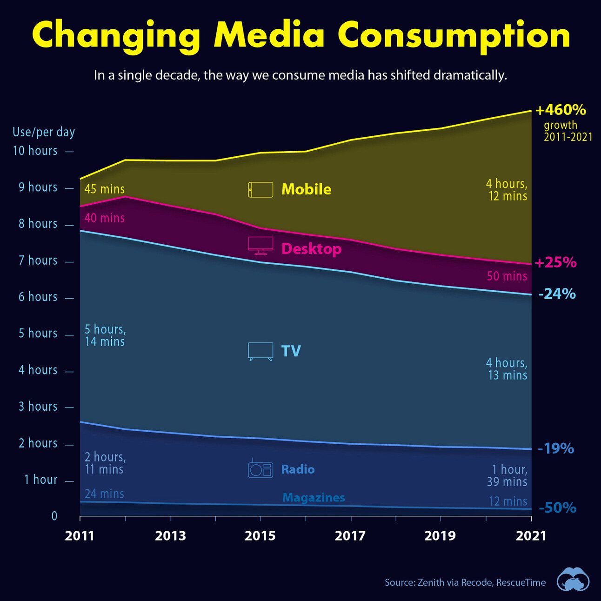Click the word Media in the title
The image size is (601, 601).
pyautogui.click(x=269, y=35)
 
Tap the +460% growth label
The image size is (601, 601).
pyautogui.click(x=561, y=110)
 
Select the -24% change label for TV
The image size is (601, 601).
pyautogui.click(x=557, y=294)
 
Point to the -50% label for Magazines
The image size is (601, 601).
pyautogui.click(x=557, y=508)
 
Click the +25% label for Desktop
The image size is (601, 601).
pyautogui.click(x=555, y=262)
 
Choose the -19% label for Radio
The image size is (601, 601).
pyautogui.click(x=555, y=448)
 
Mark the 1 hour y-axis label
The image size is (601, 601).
pyautogui.click(x=41, y=480)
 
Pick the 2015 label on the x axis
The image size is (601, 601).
pyautogui.click(x=260, y=536)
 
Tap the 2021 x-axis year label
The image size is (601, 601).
pyautogui.click(x=531, y=536)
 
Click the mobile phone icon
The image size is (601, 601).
pyautogui.click(x=260, y=190)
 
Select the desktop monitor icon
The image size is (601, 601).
pyautogui.click(x=260, y=245)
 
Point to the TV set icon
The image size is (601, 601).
pyautogui.click(x=260, y=351)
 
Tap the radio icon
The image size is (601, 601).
pyautogui.click(x=260, y=469)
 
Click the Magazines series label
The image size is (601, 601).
pyautogui.click(x=314, y=498)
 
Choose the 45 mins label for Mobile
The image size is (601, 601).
pyautogui.click(x=105, y=189)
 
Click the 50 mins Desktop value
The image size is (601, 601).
pyautogui.click(x=507, y=276)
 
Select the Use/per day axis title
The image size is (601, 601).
pyautogui.click(x=44, y=132)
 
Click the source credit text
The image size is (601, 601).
pyautogui.click(x=465, y=582)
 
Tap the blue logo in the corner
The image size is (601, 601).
pyautogui.click(x=573, y=580)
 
